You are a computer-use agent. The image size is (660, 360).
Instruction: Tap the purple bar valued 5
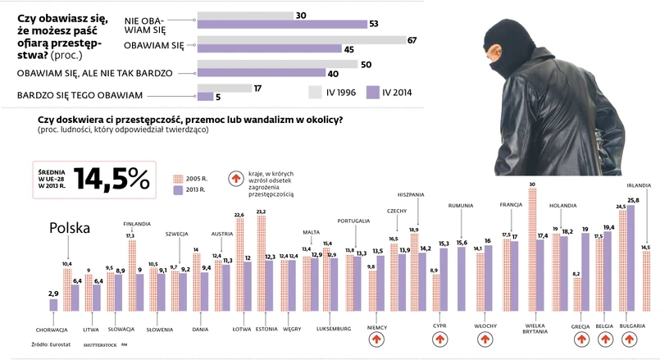click(x=206, y=97)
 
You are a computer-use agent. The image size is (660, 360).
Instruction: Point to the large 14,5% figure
click(x=112, y=179)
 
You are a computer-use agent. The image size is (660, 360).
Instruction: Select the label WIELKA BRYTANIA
click(x=536, y=330)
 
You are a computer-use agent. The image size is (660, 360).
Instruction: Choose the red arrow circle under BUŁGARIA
click(x=627, y=339)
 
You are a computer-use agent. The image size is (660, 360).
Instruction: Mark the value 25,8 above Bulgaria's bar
click(x=633, y=200)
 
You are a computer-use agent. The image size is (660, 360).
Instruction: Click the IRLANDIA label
click(x=640, y=185)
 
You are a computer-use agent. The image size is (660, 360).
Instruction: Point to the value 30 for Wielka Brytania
click(x=532, y=185)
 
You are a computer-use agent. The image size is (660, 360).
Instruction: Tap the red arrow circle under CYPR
click(x=439, y=339)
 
